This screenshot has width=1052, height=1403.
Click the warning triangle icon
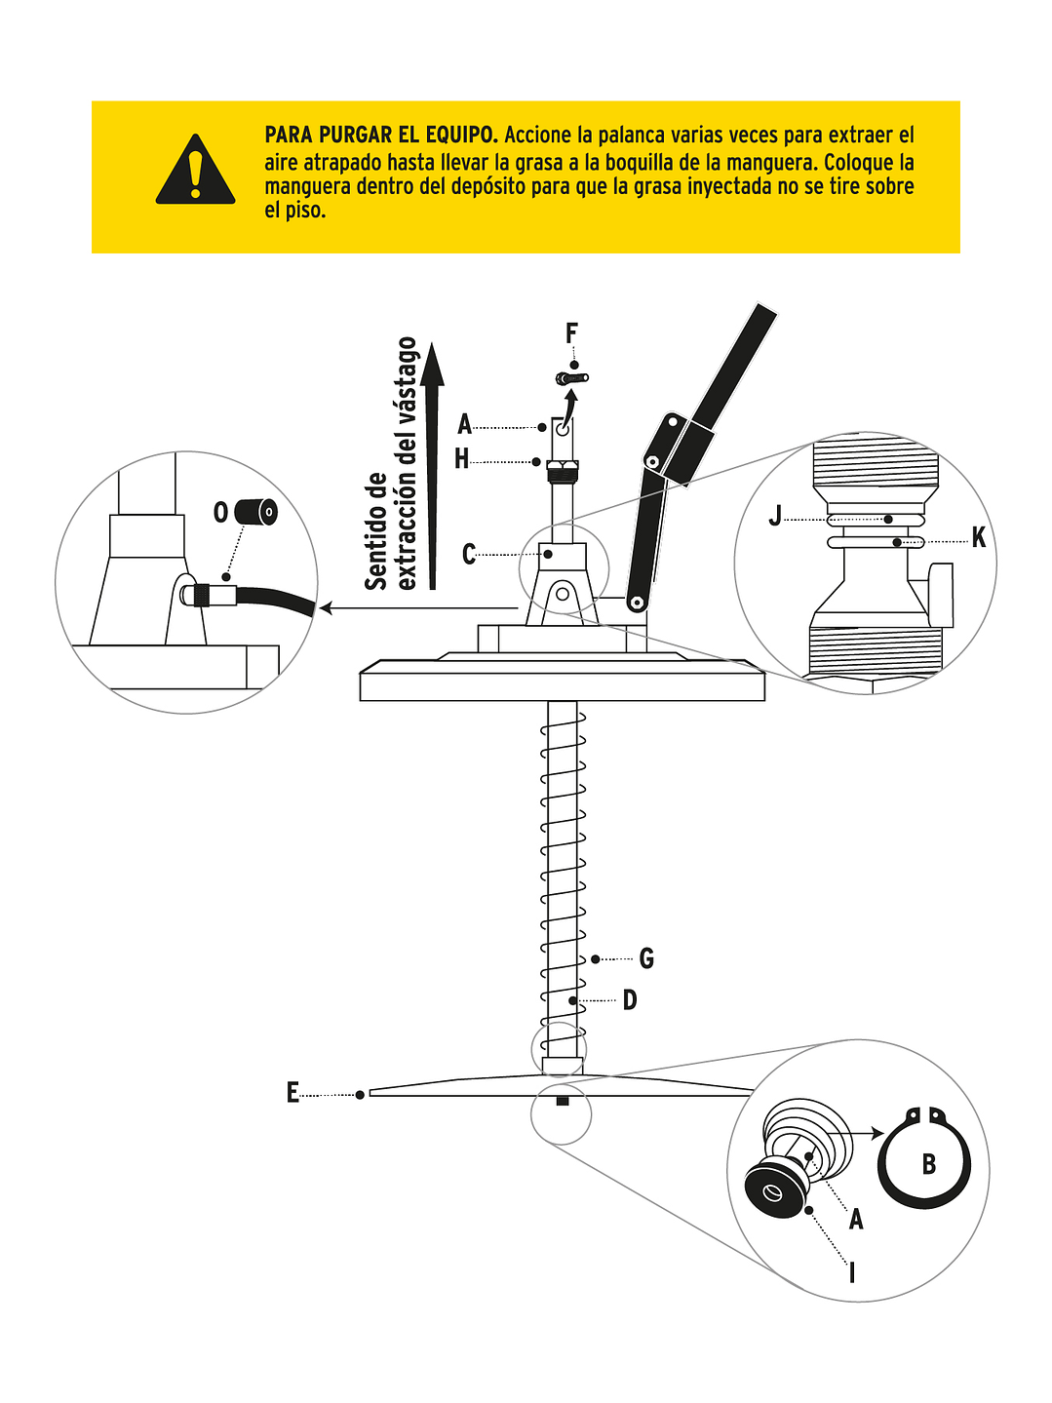(x=196, y=172)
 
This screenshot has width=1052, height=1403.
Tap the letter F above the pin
(x=572, y=334)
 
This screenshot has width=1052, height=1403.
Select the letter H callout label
(x=462, y=459)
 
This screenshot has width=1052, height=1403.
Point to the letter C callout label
(x=469, y=555)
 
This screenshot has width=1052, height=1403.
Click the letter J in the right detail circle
(x=775, y=516)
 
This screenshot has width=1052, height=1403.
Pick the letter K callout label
(x=978, y=538)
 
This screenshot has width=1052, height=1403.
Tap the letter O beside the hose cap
(x=221, y=512)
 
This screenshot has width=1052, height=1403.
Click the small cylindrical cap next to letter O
(x=258, y=512)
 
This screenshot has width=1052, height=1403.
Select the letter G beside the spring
(x=646, y=959)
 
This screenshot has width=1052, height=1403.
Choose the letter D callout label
(x=630, y=1000)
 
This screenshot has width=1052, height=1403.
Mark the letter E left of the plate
(x=292, y=1093)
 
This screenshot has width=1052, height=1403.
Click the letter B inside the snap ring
(x=928, y=1164)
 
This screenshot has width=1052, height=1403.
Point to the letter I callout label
(x=852, y=1272)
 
